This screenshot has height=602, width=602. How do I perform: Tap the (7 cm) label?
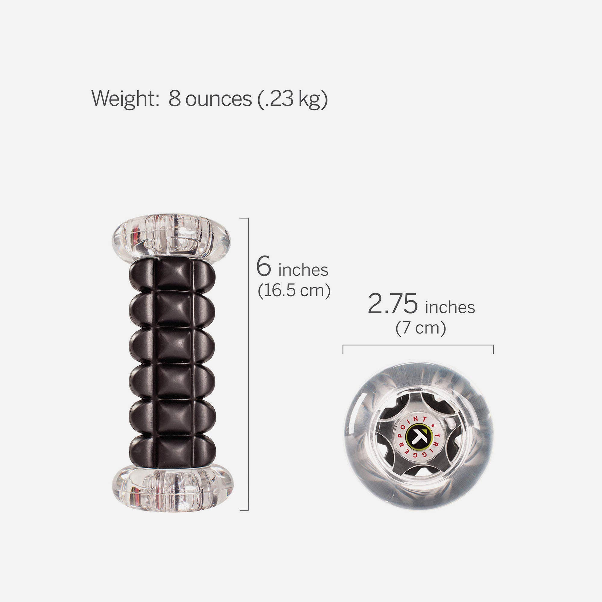pos(421,328)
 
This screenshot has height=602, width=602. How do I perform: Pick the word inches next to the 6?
pos(303,271)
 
